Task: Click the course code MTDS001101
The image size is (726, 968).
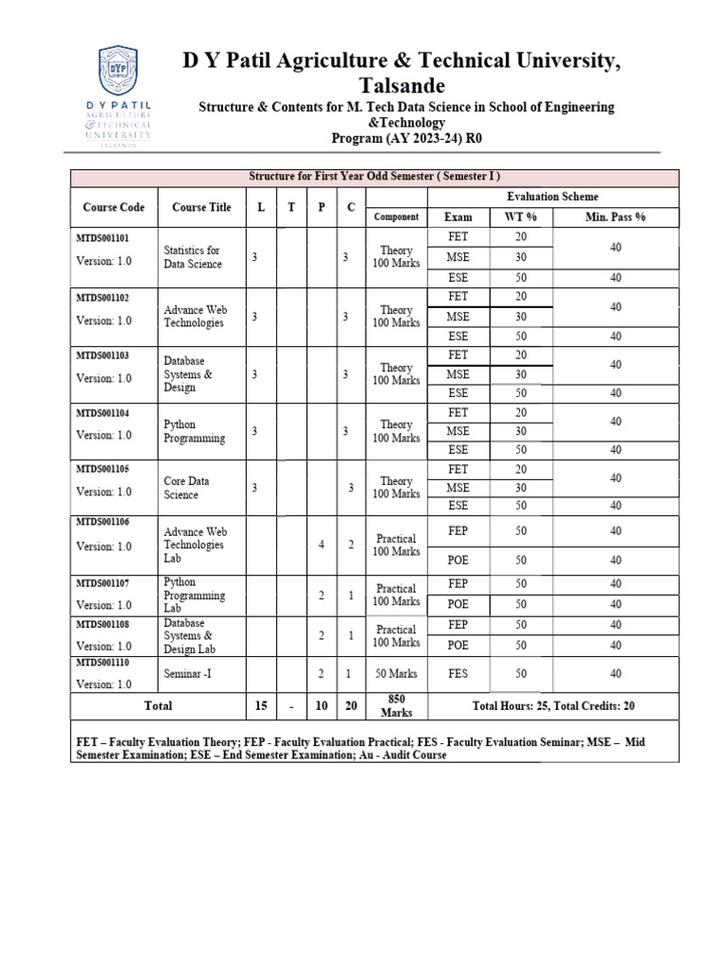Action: pos(103,237)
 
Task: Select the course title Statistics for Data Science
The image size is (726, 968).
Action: pos(193,257)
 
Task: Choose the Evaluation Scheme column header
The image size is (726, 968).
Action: pos(552,197)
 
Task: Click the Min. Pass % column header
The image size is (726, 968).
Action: pos(614,217)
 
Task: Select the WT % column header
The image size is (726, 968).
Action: pos(521,217)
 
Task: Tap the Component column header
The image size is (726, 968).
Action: pos(396,217)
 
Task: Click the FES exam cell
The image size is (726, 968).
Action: pos(458,674)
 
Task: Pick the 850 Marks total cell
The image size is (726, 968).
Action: pos(396,705)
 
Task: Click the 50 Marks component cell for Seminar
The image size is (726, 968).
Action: pos(396,674)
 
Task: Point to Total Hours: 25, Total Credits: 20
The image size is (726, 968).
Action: pos(553,705)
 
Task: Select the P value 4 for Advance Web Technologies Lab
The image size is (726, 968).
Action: pos(321,545)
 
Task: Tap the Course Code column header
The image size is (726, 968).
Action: pos(113,207)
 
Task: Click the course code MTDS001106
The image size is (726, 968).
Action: pos(103,522)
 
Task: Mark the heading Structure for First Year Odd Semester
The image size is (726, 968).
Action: pos(373,177)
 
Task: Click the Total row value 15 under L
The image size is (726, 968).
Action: pos(261,705)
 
